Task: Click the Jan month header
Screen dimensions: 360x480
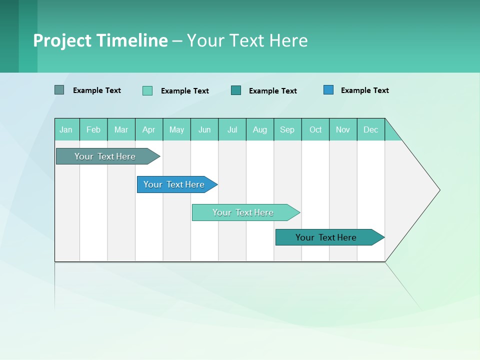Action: [x=66, y=129]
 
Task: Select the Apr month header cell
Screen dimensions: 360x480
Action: [x=149, y=129]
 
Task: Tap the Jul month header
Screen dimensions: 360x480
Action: [x=232, y=129]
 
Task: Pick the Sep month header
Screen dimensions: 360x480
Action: [x=287, y=129]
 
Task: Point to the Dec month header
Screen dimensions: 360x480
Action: [x=370, y=129]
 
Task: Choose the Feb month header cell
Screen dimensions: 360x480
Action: [x=93, y=129]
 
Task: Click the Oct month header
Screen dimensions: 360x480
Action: [x=315, y=129]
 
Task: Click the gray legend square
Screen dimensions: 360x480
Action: [x=59, y=90]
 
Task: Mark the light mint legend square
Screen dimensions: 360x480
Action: [x=147, y=90]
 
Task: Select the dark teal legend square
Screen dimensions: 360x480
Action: [x=236, y=90]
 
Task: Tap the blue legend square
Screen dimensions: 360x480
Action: [x=328, y=90]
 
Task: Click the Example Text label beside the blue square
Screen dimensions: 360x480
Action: [x=364, y=90]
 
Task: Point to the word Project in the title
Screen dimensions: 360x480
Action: [x=62, y=40]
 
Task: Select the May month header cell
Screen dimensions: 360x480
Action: [x=176, y=129]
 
